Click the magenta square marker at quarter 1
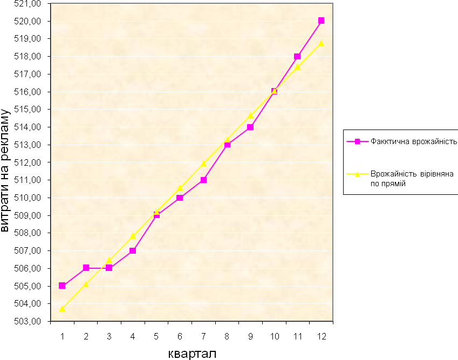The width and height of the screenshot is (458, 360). click(x=62, y=286)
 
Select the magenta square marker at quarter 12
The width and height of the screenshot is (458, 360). click(x=321, y=21)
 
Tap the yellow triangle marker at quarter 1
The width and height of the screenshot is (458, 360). click(x=62, y=309)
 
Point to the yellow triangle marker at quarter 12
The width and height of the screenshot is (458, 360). click(x=321, y=43)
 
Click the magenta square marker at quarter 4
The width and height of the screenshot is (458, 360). click(x=133, y=250)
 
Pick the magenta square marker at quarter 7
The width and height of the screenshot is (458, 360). click(x=203, y=180)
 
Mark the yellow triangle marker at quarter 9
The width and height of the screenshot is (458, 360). click(x=250, y=115)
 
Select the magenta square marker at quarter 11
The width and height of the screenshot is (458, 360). click(x=297, y=56)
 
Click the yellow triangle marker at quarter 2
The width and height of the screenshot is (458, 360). click(x=86, y=284)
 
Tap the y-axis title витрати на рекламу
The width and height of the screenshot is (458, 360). click(x=6, y=170)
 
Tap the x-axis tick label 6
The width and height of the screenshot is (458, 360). click(x=180, y=336)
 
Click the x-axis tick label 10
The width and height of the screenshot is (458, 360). click(x=274, y=336)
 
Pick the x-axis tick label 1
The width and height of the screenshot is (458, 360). click(x=62, y=336)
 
